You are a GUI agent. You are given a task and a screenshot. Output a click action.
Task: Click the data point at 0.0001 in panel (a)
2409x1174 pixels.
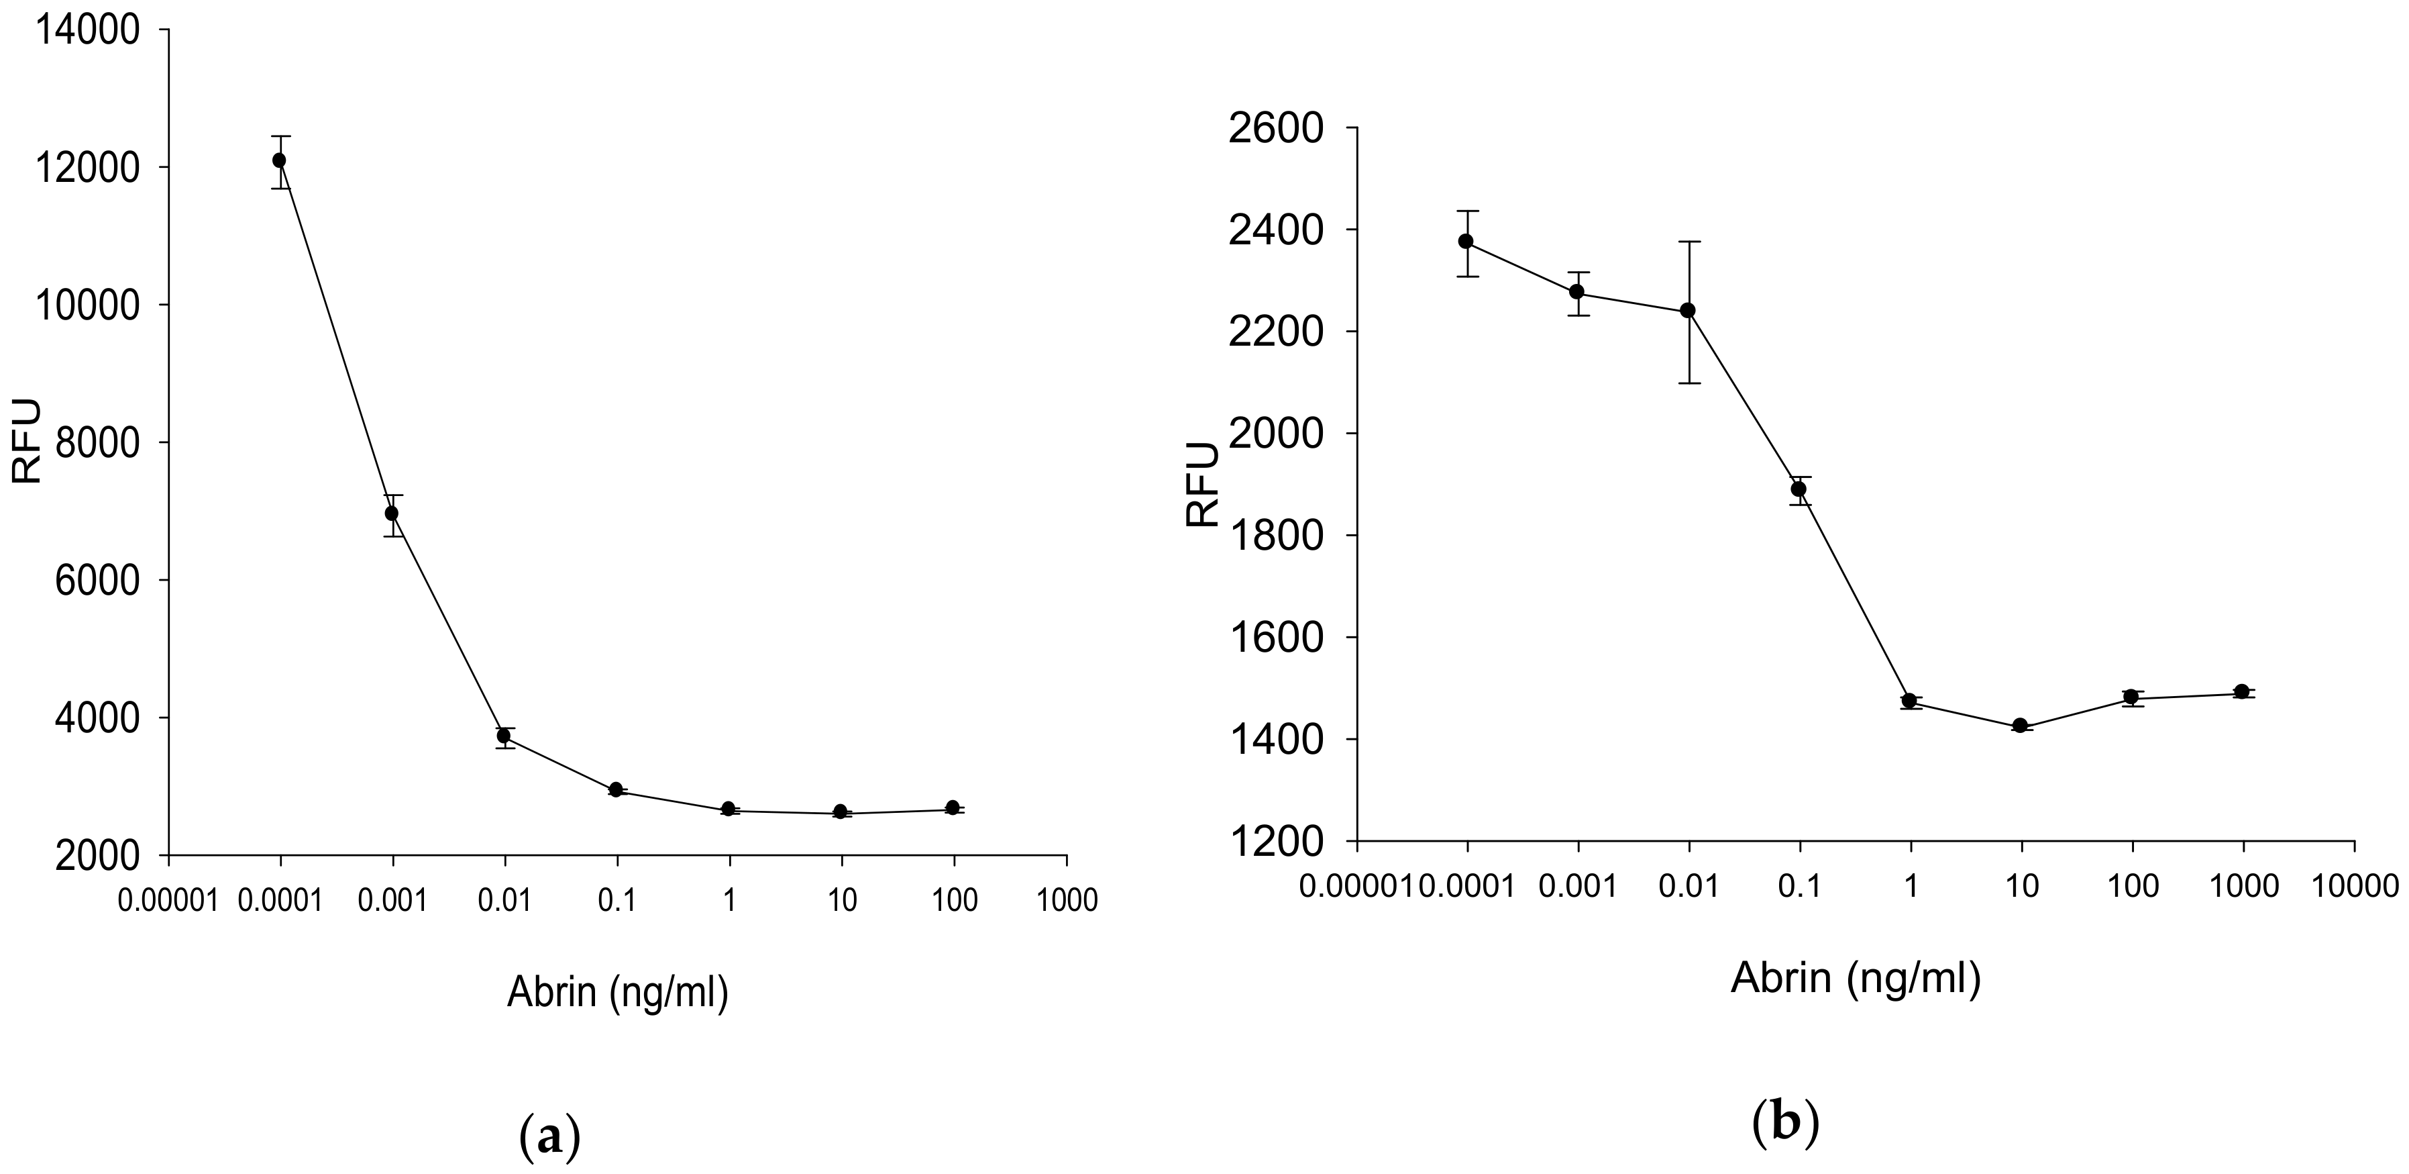point(278,160)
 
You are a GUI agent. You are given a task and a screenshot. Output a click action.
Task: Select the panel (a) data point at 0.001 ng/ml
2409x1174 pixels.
point(392,513)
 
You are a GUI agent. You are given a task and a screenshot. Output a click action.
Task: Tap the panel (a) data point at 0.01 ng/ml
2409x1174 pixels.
point(504,736)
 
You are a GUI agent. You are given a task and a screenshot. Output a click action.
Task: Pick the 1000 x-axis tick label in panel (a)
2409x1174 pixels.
point(1067,901)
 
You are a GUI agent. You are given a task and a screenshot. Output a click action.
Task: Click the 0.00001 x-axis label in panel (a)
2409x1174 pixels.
point(168,901)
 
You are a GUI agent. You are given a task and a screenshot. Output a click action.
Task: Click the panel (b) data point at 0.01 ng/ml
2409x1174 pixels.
point(1688,311)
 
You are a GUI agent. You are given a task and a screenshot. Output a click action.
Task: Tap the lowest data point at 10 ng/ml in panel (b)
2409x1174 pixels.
point(2020,726)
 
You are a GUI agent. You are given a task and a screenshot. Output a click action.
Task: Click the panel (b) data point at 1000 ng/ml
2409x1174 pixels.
point(2241,692)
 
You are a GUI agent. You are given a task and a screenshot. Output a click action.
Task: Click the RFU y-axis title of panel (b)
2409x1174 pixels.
point(1203,485)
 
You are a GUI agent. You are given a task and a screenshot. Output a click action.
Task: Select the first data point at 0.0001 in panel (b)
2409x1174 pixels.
point(1466,242)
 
